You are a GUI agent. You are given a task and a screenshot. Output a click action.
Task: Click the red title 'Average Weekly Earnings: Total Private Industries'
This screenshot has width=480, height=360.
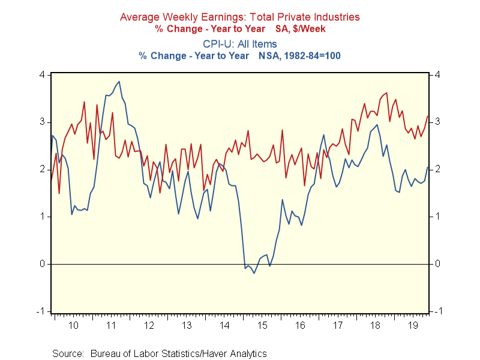click(x=240, y=17)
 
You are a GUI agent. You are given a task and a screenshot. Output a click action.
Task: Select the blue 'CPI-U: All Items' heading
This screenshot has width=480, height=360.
click(x=240, y=44)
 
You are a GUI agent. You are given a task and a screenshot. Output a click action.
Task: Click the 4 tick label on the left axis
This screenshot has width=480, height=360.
click(x=43, y=74)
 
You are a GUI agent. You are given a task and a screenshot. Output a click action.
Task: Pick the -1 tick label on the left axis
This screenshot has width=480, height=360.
click(x=41, y=311)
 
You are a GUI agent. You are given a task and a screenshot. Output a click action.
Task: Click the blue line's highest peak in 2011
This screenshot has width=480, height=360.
click(x=119, y=82)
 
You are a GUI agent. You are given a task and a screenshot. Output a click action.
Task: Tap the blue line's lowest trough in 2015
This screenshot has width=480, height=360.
click(x=254, y=274)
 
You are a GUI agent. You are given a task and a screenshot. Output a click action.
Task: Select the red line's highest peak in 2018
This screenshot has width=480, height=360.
click(x=386, y=93)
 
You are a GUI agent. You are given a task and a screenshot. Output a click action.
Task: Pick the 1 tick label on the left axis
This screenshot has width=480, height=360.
click(x=43, y=216)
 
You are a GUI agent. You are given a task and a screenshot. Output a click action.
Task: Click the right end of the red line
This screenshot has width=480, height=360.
click(x=427, y=116)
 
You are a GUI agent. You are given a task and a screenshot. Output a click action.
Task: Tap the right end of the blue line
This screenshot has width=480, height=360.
click(x=427, y=167)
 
